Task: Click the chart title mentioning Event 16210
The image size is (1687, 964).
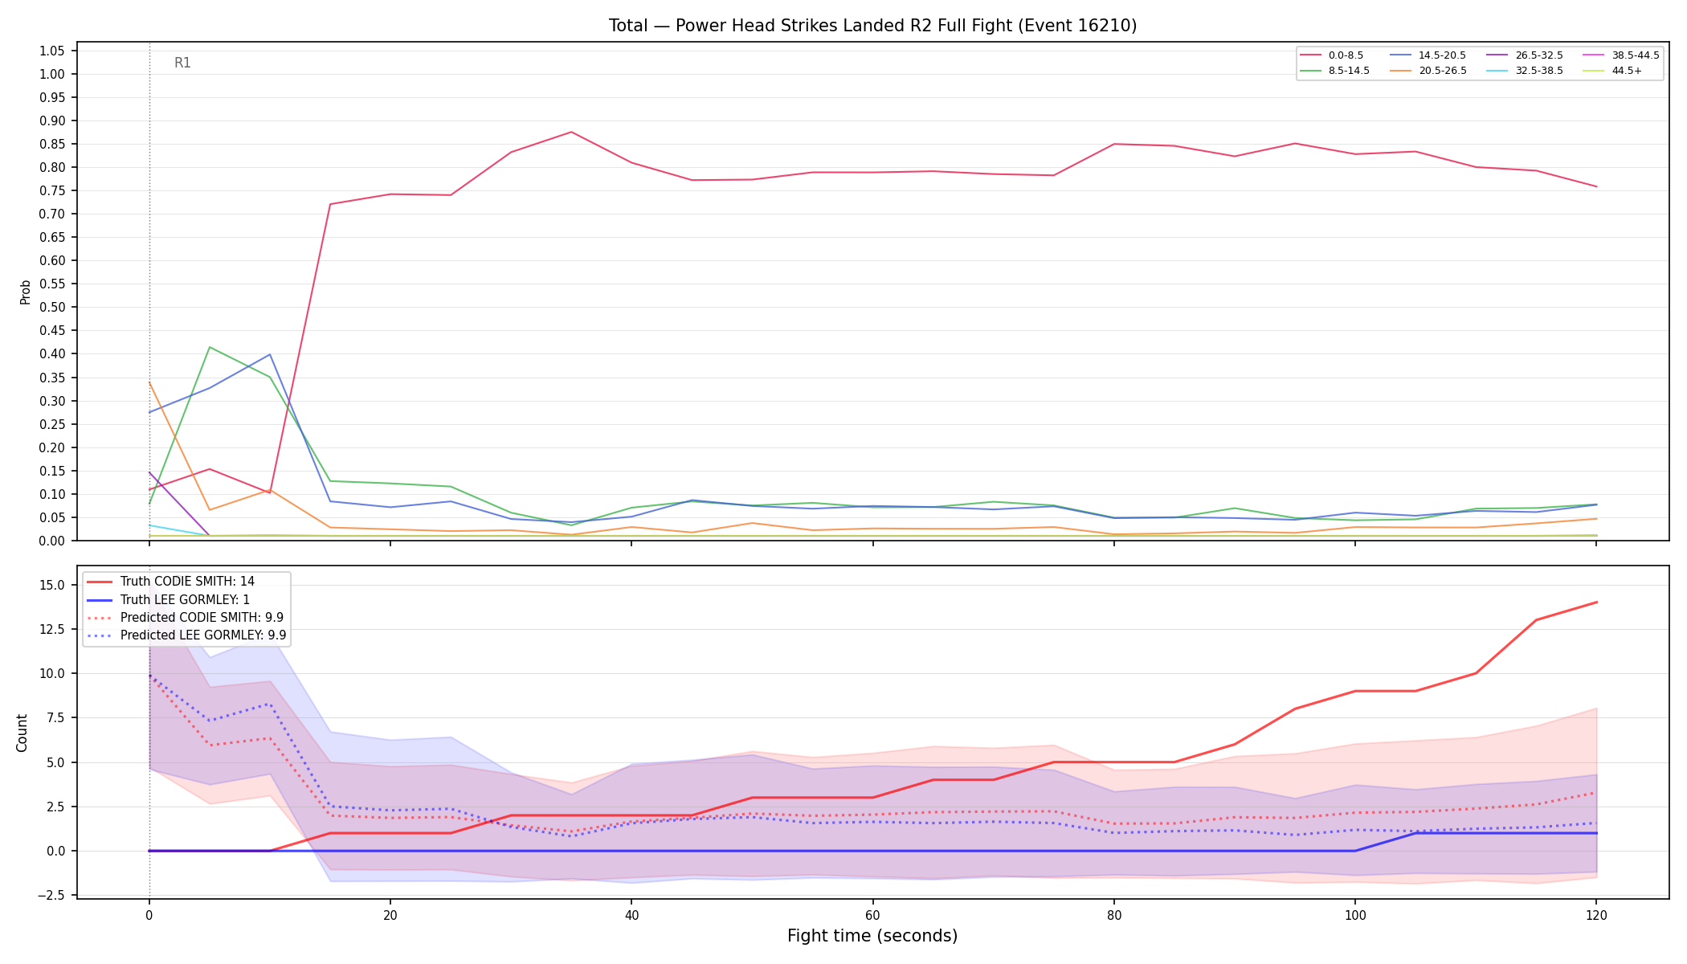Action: [x=872, y=26]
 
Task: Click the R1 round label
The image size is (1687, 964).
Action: [x=182, y=63]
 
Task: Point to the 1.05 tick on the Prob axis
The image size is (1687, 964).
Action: [x=51, y=51]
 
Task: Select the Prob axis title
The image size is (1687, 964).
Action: [x=25, y=292]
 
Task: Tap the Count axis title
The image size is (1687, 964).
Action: [x=22, y=733]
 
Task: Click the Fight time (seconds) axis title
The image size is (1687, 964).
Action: [x=872, y=936]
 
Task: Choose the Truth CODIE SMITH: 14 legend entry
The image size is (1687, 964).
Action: [x=187, y=582]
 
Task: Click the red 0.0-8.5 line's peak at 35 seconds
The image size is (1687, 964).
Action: [x=571, y=132]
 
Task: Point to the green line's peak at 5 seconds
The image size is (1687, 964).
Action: [x=210, y=347]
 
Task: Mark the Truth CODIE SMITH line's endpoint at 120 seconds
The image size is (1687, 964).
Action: [x=1595, y=602]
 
